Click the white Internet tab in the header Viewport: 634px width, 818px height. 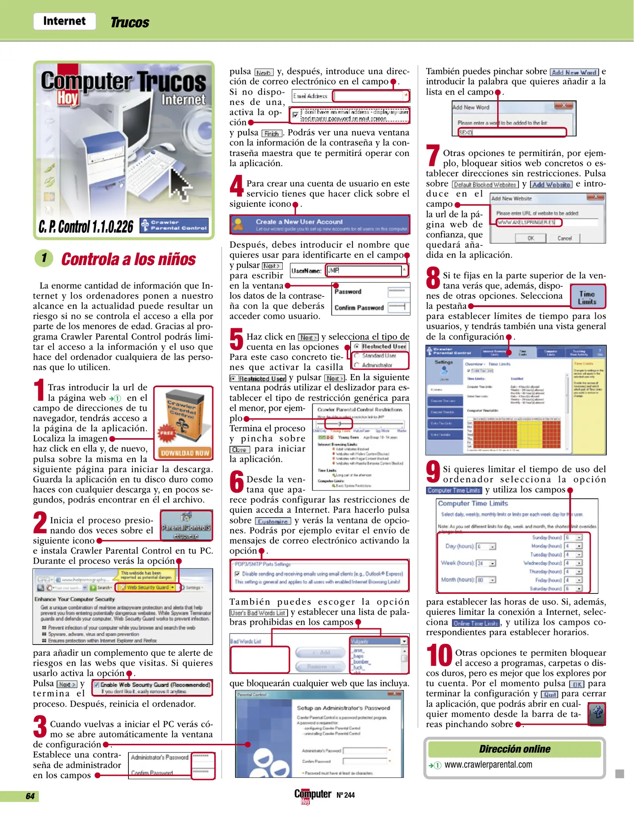(64, 21)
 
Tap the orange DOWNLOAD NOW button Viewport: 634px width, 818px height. (185, 453)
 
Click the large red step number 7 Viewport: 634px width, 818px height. (433, 156)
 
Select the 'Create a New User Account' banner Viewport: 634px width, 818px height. (319, 225)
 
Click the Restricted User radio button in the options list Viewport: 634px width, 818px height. (357, 346)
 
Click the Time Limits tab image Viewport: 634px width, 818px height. (587, 298)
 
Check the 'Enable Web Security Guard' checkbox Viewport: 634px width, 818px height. (96, 684)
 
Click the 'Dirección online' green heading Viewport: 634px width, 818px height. (514, 749)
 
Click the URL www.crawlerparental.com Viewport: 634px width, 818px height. (488, 765)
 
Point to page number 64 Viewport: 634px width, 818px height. (30, 796)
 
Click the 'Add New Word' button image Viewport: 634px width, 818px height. (574, 72)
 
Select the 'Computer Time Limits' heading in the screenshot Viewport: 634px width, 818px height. (473, 503)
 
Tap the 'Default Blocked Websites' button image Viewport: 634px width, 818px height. (485, 185)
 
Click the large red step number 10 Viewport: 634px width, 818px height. (439, 655)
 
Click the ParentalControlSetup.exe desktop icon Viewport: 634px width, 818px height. (186, 525)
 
